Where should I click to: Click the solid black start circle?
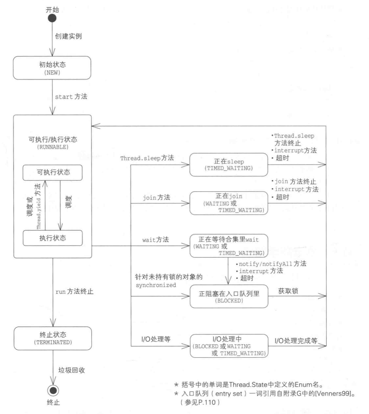(52, 18)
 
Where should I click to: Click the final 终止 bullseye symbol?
(53, 390)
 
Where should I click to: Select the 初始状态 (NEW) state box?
(52, 68)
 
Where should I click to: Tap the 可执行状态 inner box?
(53, 172)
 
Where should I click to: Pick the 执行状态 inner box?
(53, 238)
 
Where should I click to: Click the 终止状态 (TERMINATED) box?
(53, 338)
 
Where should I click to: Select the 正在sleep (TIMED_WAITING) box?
(229, 165)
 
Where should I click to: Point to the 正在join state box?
(229, 203)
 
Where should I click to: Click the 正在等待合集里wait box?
(229, 246)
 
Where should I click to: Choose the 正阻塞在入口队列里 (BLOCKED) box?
(229, 296)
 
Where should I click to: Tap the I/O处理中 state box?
(229, 346)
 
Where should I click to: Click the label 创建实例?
(68, 36)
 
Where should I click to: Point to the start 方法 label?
(71, 97)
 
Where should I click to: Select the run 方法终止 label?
(74, 292)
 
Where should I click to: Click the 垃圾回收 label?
(71, 370)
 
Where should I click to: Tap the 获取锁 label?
(288, 291)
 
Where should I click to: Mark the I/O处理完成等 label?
(296, 341)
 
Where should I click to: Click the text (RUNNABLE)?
(53, 147)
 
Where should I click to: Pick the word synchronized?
(156, 285)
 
